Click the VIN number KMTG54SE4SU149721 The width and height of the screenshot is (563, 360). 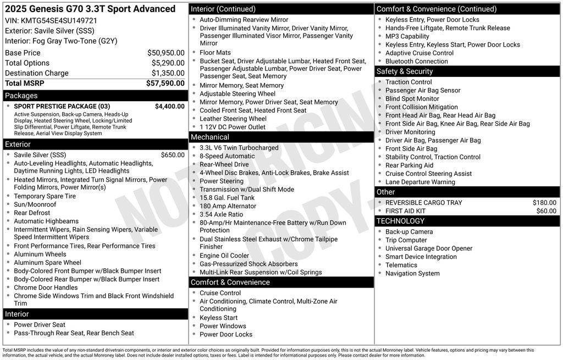pos(59,20)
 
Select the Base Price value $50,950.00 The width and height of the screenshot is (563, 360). pos(165,53)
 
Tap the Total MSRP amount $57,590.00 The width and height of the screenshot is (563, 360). pos(165,83)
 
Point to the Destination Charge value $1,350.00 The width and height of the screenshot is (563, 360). pos(168,73)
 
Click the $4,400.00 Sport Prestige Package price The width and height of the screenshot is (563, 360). pos(169,106)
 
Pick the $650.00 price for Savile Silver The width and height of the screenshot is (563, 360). pos(173,155)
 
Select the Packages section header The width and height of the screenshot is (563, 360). pos(21,96)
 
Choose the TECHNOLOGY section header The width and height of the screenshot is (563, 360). pos(400,221)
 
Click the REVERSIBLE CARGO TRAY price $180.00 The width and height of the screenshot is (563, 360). pos(544,203)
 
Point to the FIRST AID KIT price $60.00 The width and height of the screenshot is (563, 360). pos(546,211)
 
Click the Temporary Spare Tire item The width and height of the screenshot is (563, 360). pos(45,196)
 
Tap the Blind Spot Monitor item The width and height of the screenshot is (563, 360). pos(412,99)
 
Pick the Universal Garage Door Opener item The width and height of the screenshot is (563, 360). pos(428,248)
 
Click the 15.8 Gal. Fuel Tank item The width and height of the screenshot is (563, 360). pos(227,198)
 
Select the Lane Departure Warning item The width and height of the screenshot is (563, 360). pos(420,182)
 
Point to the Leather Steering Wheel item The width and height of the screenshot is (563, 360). pos(233,119)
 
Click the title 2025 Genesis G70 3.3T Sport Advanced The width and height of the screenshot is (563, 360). pos(90,9)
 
